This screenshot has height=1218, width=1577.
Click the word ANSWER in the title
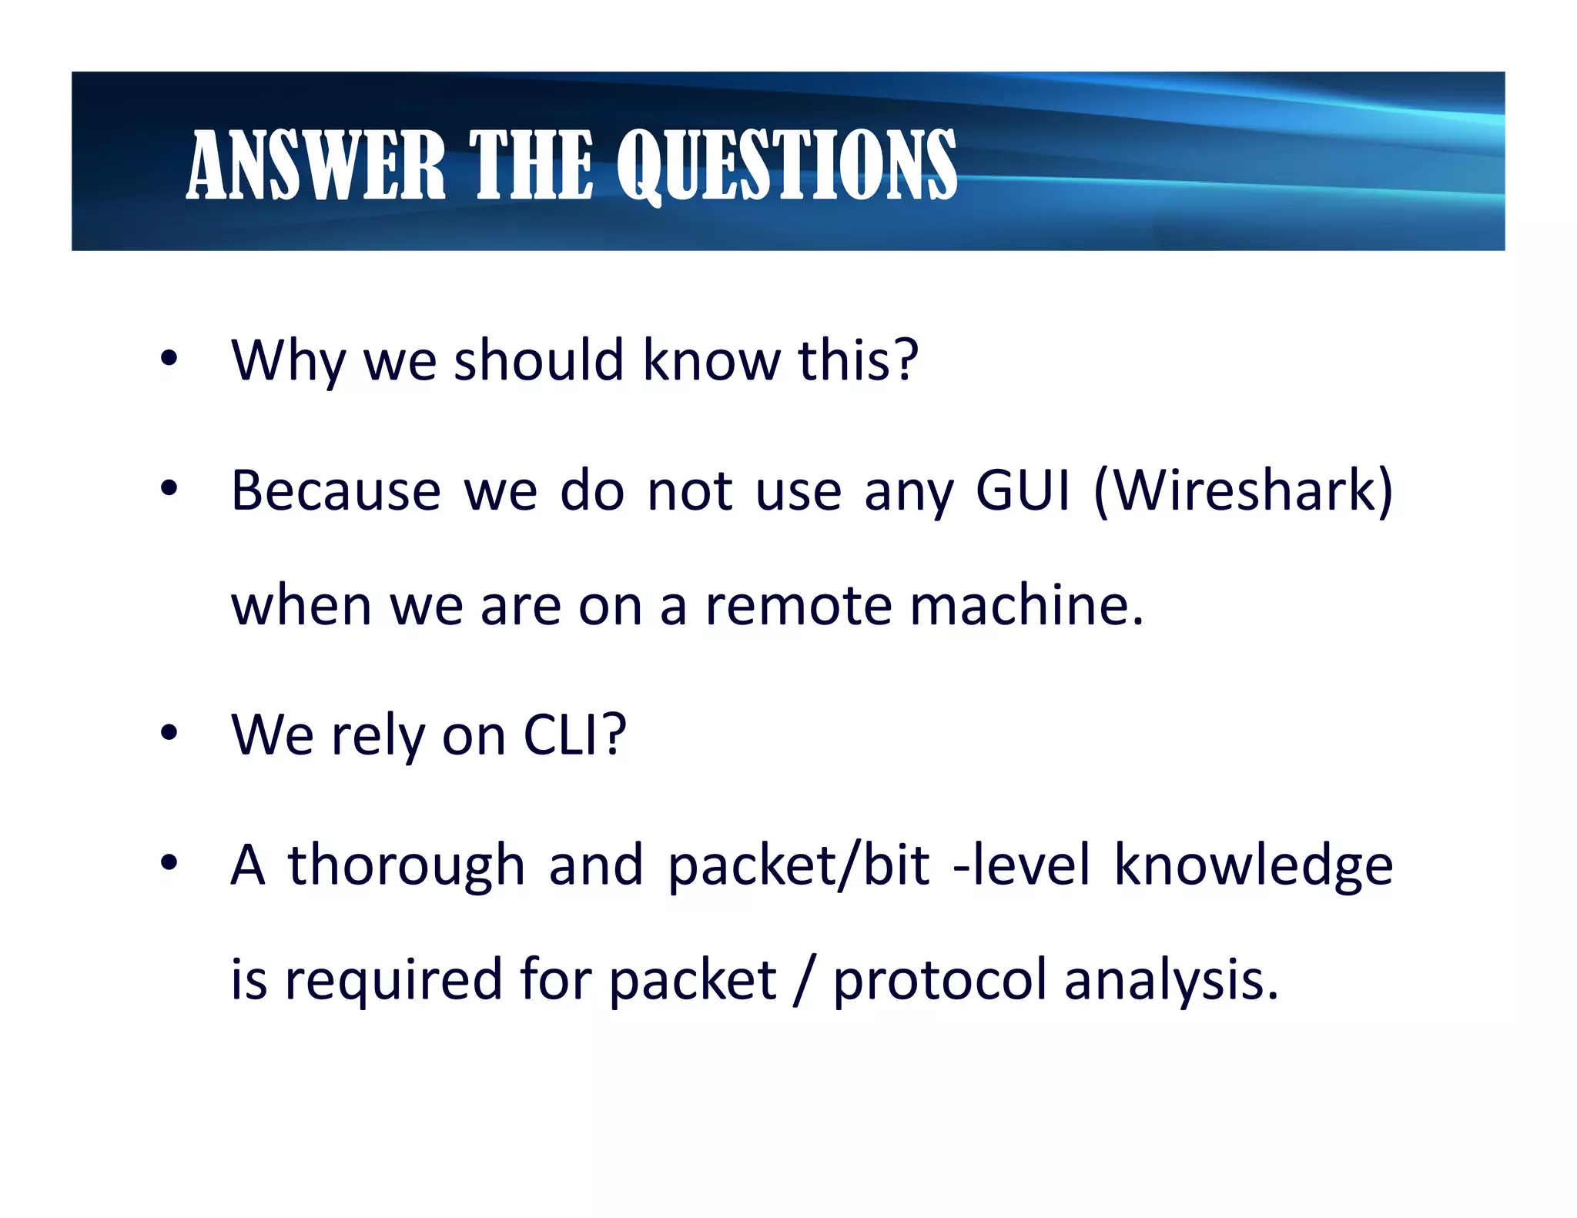pyautogui.click(x=316, y=165)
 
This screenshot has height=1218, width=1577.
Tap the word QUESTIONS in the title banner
pyautogui.click(x=787, y=165)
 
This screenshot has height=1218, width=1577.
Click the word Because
pyautogui.click(x=336, y=490)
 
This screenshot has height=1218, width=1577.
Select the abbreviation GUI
pyautogui.click(x=1023, y=490)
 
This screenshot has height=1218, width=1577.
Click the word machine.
pyautogui.click(x=1026, y=606)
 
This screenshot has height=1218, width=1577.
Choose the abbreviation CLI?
pyautogui.click(x=574, y=735)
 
